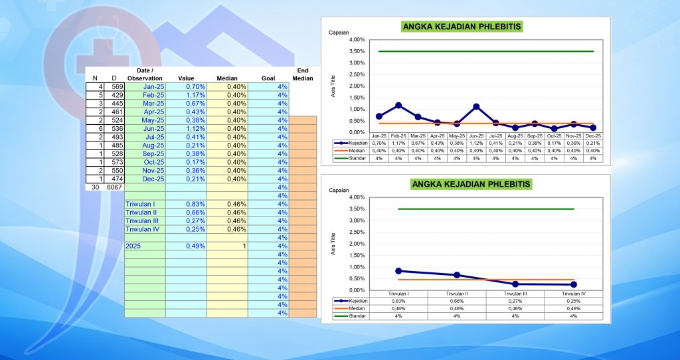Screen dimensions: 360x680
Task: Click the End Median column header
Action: [302, 74]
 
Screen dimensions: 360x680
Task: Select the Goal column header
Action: [268, 78]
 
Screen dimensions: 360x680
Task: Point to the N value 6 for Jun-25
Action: [100, 129]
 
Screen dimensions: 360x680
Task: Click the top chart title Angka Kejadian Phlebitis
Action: [462, 27]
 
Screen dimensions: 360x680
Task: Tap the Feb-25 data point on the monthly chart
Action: [398, 105]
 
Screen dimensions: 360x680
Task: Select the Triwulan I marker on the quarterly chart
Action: [398, 271]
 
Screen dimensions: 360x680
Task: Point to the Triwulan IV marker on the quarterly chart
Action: [573, 284]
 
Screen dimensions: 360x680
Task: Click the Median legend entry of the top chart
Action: [353, 150]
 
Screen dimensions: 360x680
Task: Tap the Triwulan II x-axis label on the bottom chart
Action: [457, 293]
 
